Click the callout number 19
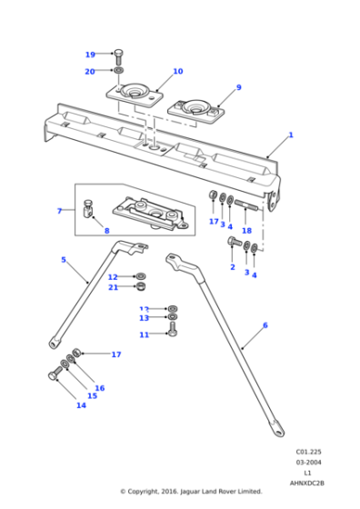(x=90, y=55)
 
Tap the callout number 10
(x=177, y=71)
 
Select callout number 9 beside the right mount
(x=238, y=87)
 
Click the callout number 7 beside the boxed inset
(x=59, y=211)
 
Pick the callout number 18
(x=245, y=232)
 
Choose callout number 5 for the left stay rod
(x=63, y=260)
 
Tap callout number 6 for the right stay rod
(x=265, y=324)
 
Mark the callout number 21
(x=114, y=288)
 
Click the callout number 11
(x=144, y=334)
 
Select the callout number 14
(x=81, y=405)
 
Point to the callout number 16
(x=99, y=388)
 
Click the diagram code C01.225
(x=306, y=451)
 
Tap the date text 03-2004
(x=306, y=463)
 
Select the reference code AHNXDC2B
(x=308, y=484)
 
